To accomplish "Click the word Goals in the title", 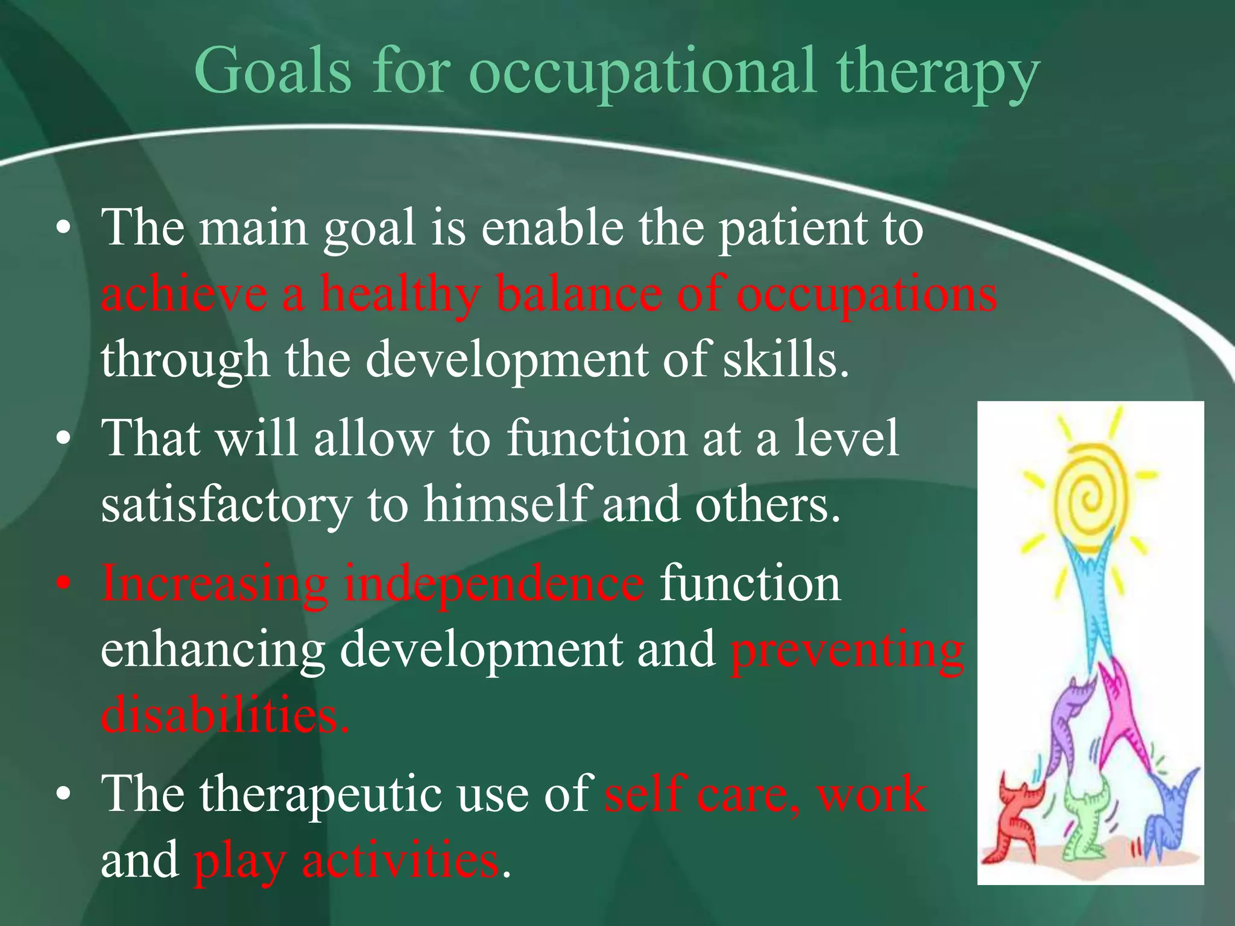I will coord(273,71).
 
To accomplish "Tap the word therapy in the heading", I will coord(938,74).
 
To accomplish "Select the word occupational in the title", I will coord(643,74).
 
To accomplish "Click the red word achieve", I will coord(184,294).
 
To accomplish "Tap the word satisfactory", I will coord(227,505).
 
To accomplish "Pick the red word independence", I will coord(494,584).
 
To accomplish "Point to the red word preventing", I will coord(847,651).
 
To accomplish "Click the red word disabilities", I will coord(224,715).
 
